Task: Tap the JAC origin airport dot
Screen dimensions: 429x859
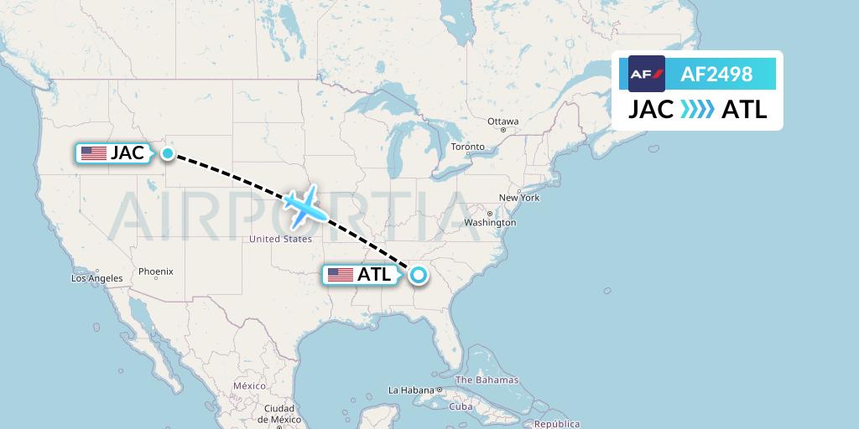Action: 168,153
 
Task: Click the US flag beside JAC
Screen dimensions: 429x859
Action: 94,153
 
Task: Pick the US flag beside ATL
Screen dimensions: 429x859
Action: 341,275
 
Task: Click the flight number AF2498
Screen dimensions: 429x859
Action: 716,75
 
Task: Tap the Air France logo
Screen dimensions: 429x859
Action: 647,74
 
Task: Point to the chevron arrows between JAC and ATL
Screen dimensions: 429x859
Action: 697,110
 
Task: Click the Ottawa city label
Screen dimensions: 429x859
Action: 503,121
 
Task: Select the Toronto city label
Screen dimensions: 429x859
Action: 467,147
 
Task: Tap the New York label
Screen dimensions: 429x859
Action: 519,198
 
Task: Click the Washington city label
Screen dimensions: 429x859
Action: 490,223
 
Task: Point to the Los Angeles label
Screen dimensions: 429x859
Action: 97,278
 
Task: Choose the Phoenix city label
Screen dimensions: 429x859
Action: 156,271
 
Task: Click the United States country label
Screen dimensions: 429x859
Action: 280,239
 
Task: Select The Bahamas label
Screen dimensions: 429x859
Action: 487,380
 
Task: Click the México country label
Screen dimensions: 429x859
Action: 249,385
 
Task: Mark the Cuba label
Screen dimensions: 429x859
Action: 461,406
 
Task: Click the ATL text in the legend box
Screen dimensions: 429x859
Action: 743,110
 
